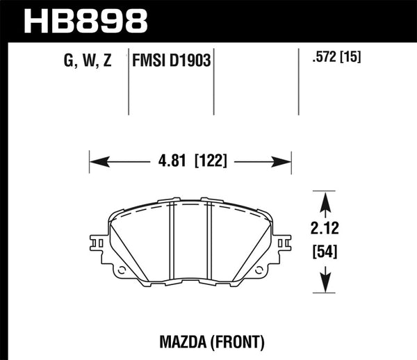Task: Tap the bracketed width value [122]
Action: click(x=210, y=164)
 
